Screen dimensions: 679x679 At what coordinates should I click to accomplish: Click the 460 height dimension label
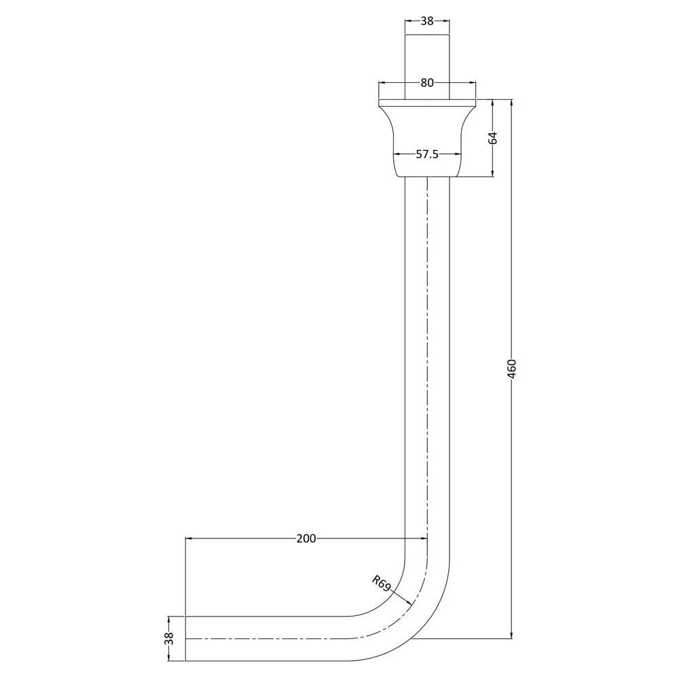click(511, 369)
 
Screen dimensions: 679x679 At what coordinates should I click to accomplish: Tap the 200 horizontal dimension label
click(306, 538)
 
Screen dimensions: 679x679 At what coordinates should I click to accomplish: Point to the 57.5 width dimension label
click(427, 154)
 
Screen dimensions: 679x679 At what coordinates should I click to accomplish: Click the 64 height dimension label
click(493, 138)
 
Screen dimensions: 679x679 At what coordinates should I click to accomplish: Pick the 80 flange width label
click(427, 83)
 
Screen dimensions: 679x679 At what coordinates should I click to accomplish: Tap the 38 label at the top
click(427, 21)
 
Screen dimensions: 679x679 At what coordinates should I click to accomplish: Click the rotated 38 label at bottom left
click(169, 638)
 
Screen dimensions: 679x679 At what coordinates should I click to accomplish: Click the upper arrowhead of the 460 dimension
click(511, 100)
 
